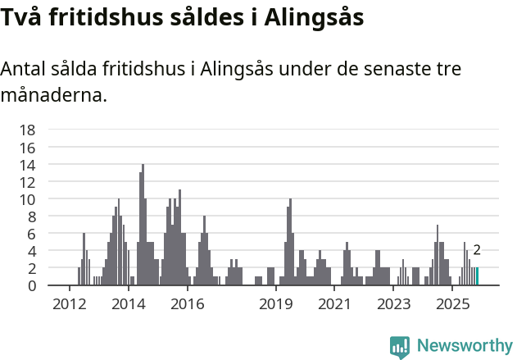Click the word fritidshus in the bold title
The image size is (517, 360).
pyautogui.click(x=102, y=16)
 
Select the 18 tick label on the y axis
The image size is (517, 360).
pyautogui.click(x=27, y=130)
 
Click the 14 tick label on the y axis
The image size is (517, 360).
pyautogui.click(x=27, y=165)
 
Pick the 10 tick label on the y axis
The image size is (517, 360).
pyautogui.click(x=27, y=199)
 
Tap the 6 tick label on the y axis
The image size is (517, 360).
pyautogui.click(x=31, y=234)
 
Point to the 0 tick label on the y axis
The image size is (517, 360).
pyautogui.click(x=31, y=285)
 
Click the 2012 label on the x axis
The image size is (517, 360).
pyautogui.click(x=69, y=305)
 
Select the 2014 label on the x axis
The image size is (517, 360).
pyautogui.click(x=128, y=305)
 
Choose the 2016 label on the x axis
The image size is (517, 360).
pyautogui.click(x=187, y=305)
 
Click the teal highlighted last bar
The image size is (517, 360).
pyautogui.click(x=477, y=276)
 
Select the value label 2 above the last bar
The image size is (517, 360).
pyautogui.click(x=477, y=251)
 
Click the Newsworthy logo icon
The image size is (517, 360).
pyautogui.click(x=400, y=346)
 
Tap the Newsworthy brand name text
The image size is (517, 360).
pyautogui.click(x=464, y=346)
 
